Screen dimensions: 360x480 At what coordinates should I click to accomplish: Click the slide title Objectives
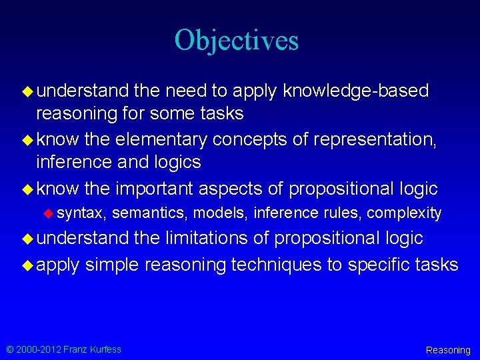237,41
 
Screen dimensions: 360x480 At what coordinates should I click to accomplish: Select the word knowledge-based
356,91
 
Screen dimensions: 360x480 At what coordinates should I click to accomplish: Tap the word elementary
160,140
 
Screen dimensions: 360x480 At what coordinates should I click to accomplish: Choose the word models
209,213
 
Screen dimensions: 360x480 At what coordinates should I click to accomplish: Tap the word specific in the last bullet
379,265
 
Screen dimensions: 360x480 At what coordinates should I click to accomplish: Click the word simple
112,265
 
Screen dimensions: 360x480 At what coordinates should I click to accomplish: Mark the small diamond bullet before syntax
48,213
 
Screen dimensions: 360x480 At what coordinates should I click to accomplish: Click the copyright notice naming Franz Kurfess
64,349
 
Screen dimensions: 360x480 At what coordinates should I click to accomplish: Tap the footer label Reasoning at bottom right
447,350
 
